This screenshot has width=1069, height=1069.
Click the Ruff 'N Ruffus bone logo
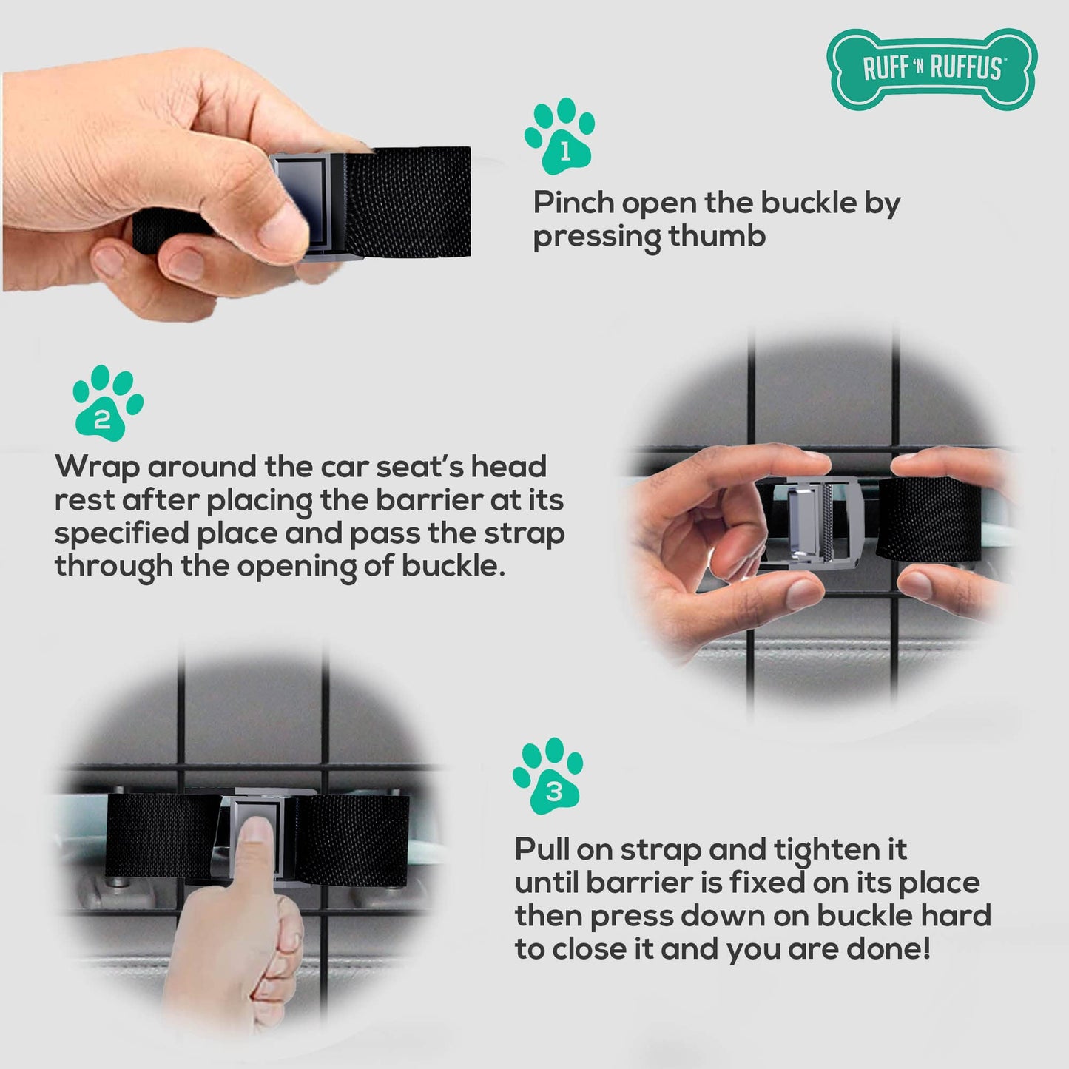point(931,69)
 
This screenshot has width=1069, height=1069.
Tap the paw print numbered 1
point(560,136)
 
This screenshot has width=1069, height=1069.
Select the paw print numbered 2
point(107,402)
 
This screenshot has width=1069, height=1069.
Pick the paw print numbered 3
point(548,775)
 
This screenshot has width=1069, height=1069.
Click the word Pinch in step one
point(573,203)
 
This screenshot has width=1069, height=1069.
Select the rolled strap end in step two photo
point(928,519)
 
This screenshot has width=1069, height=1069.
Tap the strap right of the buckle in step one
point(408,203)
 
